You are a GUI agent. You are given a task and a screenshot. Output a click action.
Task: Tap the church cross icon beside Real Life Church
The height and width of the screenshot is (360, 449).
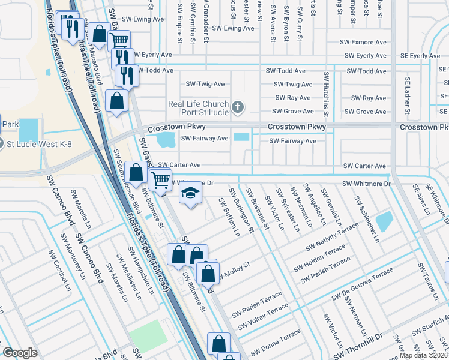238,107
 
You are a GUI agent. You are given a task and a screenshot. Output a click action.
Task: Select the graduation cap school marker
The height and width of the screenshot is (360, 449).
191,193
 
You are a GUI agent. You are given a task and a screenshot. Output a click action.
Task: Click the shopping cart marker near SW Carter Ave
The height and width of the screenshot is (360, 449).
160,179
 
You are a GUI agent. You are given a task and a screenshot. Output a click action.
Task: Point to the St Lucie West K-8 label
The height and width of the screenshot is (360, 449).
35,144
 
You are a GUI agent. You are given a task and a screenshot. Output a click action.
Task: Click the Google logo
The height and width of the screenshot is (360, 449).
20,353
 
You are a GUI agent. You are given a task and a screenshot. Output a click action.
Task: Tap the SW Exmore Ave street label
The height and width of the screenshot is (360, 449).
363,43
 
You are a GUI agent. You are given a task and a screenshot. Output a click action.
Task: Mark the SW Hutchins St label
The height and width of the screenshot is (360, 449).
326,95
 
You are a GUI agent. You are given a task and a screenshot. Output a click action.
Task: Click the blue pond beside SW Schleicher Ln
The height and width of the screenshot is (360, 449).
384,221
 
